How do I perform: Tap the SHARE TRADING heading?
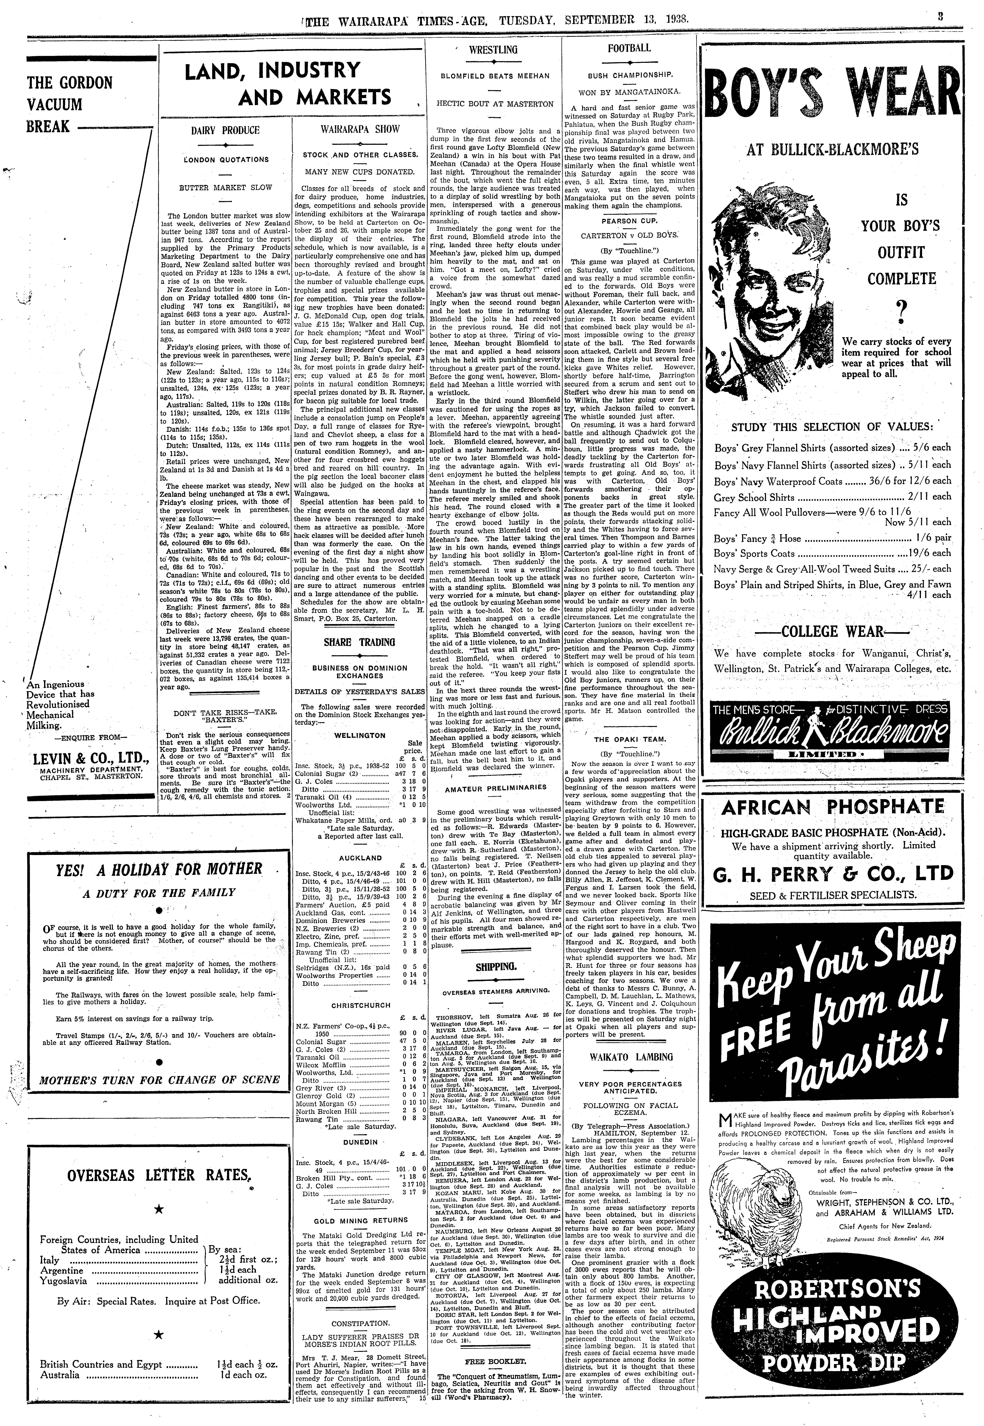click(359, 642)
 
